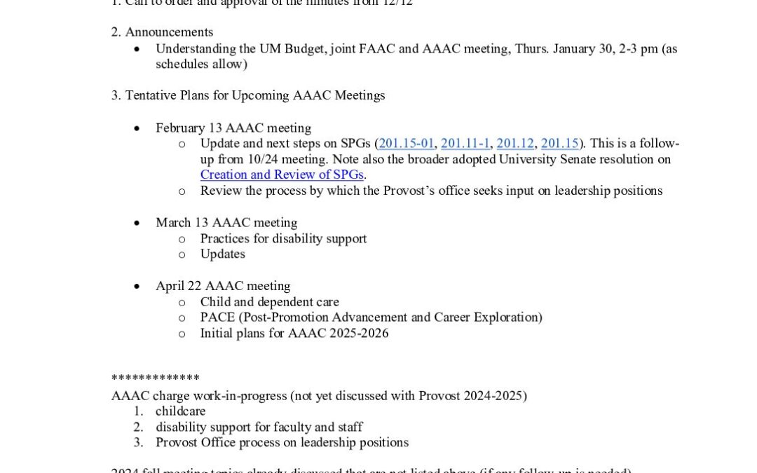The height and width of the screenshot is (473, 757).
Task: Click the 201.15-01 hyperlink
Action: (407, 144)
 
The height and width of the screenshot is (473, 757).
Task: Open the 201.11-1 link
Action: (465, 144)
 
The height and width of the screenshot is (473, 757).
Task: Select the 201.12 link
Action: (515, 144)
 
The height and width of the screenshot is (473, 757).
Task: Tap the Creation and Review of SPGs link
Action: (282, 174)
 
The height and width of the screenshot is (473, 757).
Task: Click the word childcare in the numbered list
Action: (181, 411)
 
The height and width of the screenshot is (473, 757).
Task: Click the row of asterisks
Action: (156, 378)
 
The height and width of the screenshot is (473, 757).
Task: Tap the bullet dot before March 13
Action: (137, 223)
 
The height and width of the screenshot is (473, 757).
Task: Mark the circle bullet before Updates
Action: (182, 254)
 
